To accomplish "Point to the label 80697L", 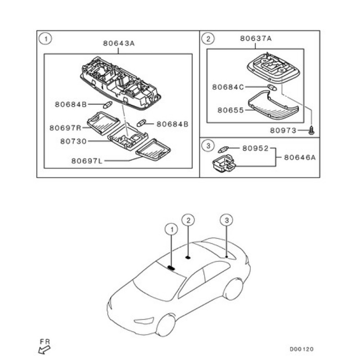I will [x=86, y=160].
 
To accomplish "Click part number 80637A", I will [x=256, y=39].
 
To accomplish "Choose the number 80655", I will [x=230, y=109].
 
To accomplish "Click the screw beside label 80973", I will [x=311, y=130].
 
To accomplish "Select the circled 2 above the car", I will [x=189, y=220].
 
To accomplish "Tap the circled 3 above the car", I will [x=227, y=220].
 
